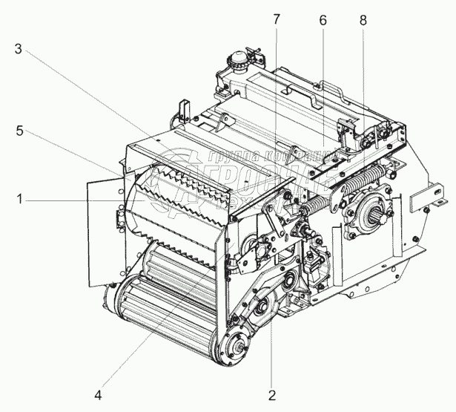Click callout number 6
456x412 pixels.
[x=322, y=21]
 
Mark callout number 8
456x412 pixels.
[x=363, y=21]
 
